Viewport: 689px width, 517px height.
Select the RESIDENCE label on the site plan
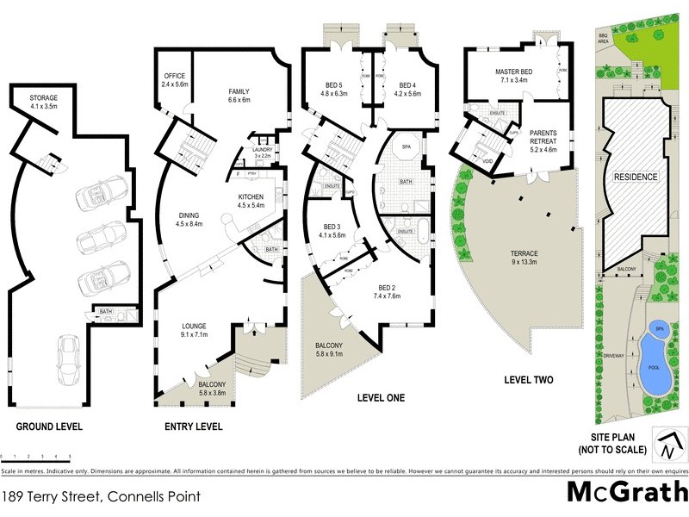(635, 177)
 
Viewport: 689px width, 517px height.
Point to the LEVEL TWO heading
(529, 379)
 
